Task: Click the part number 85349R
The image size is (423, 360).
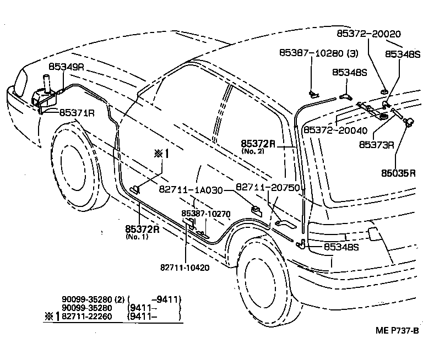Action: click(66, 67)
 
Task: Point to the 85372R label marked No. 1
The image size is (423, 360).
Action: click(142, 229)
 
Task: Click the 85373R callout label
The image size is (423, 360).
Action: click(376, 145)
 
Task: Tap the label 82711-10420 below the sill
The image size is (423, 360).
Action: click(185, 268)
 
